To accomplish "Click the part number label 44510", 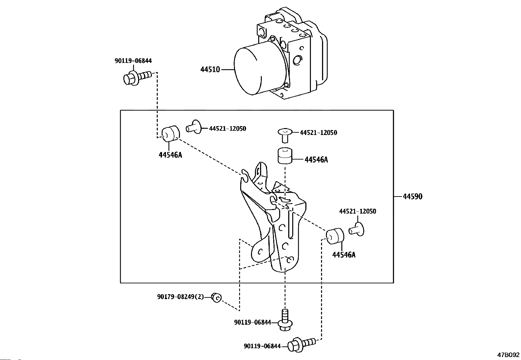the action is point(210,69).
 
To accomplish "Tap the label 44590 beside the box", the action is point(413,197).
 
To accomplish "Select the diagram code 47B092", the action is point(508,355).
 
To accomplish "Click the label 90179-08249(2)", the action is point(181,297).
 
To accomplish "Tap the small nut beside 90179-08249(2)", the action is point(216,297).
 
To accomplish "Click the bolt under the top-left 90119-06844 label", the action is point(137,78).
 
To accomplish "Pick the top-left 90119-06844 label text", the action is point(133,61).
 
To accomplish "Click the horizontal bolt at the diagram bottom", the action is point(301,345).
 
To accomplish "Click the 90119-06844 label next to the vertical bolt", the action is point(253,322).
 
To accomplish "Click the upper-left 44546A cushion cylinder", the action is point(171,133).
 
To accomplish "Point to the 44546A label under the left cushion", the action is point(170,155).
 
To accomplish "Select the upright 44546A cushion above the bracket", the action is point(284,156).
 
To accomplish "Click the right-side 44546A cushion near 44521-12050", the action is point(335,236).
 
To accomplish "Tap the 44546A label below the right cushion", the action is point(344,255).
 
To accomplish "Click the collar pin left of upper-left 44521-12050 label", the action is point(193,127).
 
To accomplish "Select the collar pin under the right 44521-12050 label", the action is point(356,229).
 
